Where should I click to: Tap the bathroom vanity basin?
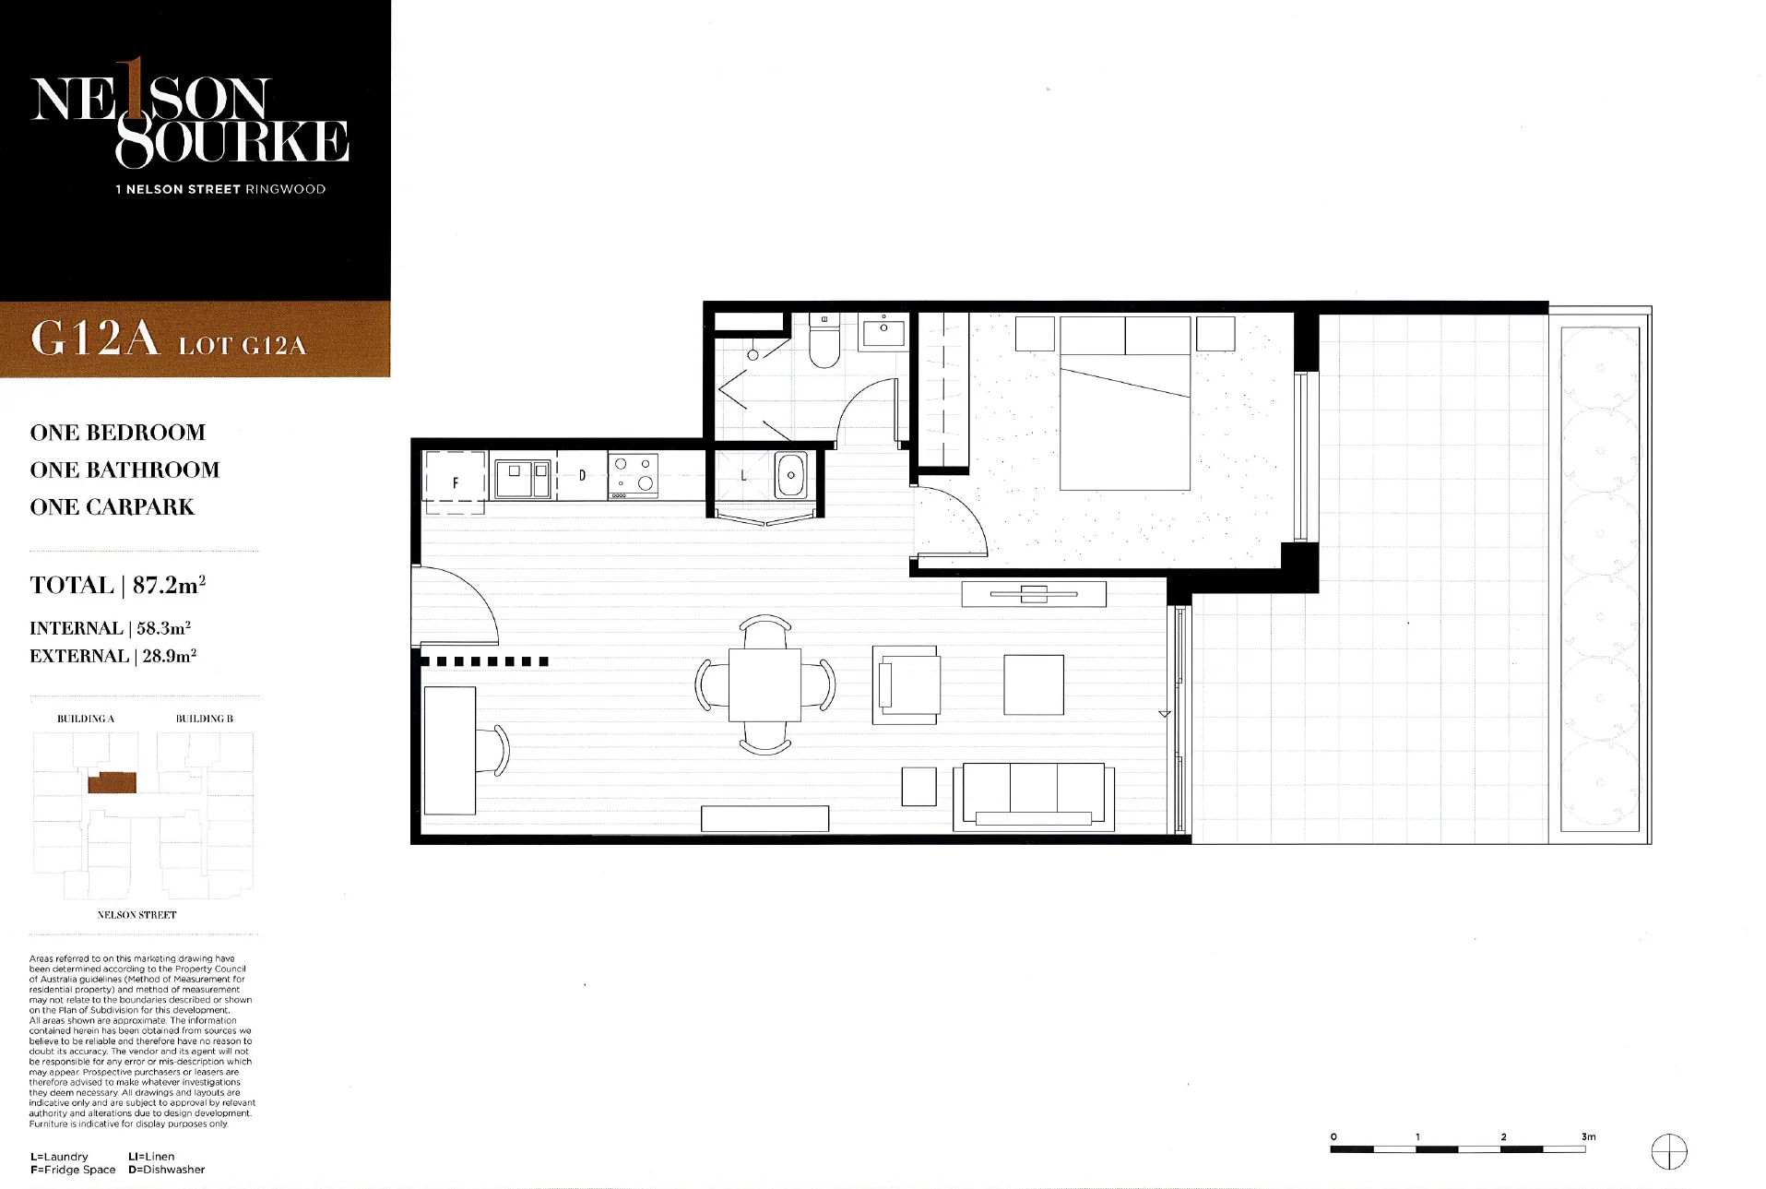883,331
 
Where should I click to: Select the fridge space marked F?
455,482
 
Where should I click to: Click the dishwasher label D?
582,476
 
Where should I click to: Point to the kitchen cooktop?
633,476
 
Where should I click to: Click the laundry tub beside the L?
791,475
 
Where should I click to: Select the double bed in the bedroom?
1125,403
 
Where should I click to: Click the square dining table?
764,685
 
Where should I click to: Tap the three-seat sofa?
1034,796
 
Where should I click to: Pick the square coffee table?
1034,684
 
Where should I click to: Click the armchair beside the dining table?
906,684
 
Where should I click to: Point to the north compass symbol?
1668,1152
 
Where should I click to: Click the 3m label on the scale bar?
1588,1137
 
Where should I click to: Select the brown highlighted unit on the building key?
113,783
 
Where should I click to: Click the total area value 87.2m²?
169,585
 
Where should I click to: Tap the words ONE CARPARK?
113,507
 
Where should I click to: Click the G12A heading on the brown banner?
95,338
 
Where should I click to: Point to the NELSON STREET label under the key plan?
136,915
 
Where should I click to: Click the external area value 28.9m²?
170,656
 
